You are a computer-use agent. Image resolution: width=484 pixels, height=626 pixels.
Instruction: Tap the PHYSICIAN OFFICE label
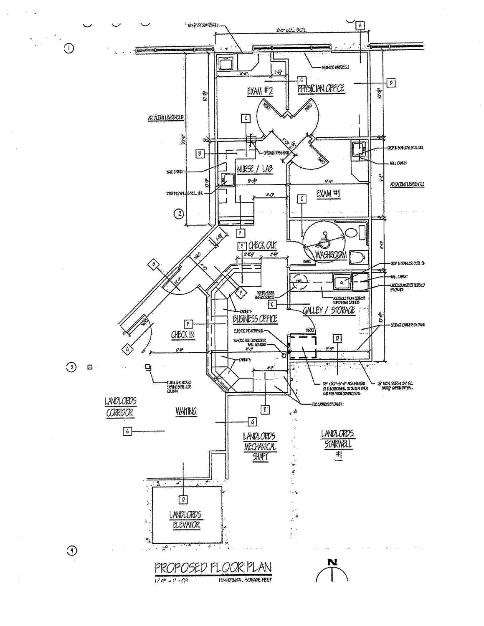coord(321,88)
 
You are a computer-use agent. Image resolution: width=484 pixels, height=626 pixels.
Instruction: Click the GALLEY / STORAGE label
coord(328,310)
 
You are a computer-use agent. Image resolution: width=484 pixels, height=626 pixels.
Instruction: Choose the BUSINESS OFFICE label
coord(255,319)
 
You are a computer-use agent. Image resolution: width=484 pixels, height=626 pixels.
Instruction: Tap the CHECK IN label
coord(182,334)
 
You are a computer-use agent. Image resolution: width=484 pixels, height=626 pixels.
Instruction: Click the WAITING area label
coord(185,411)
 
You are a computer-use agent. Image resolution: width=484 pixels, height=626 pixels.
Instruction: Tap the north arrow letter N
coord(332,562)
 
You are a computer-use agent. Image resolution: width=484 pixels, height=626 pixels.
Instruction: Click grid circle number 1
coord(68,48)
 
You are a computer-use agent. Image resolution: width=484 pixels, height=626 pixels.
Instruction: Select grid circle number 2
coord(179,214)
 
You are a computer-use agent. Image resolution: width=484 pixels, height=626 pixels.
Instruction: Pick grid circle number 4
coord(71,551)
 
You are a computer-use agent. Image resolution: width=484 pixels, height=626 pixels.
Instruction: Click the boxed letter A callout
coord(360,25)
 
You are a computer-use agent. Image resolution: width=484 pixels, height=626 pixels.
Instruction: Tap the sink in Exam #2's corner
coord(226,64)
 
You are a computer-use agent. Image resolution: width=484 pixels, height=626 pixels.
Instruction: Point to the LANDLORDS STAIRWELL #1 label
coord(338,444)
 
